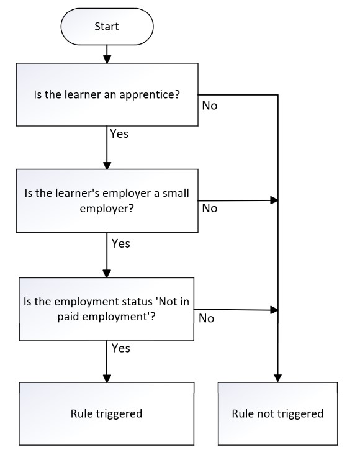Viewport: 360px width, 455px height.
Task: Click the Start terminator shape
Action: click(107, 27)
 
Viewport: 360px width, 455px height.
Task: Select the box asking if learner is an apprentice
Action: click(107, 94)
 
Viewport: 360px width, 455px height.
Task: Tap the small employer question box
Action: click(107, 200)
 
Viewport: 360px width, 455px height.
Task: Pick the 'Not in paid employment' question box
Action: click(107, 309)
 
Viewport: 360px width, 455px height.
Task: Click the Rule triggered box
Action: click(107, 413)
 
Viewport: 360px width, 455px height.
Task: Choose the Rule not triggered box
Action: click(277, 413)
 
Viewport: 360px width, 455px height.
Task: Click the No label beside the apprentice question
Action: click(209, 106)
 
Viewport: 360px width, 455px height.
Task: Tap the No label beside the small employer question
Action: click(209, 209)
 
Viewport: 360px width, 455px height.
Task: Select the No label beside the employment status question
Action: click(206, 318)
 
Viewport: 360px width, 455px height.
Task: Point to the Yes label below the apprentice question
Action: click(119, 134)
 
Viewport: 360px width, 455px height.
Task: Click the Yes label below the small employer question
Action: click(120, 243)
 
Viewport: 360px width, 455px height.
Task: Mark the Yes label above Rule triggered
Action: click(120, 348)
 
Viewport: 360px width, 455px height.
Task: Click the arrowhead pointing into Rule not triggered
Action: click(277, 378)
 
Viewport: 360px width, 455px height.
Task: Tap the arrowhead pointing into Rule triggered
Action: click(107, 378)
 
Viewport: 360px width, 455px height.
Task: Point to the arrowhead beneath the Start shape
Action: click(107, 59)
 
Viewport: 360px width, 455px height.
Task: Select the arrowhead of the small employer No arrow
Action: click(274, 200)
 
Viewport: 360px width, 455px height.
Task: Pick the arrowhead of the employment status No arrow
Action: click(274, 310)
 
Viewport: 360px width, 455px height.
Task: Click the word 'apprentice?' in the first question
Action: click(150, 95)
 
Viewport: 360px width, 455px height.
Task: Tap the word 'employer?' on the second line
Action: click(107, 209)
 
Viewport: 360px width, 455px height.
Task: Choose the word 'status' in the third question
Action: click(137, 302)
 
